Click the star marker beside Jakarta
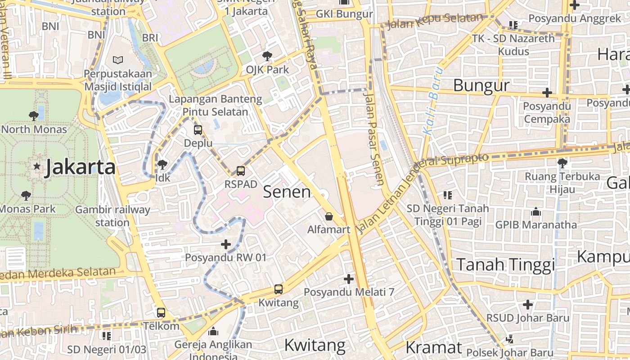[x=37, y=166]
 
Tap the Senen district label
[x=287, y=192]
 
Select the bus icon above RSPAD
[x=241, y=171]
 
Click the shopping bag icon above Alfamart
[x=329, y=216]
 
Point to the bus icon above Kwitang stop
[x=279, y=289]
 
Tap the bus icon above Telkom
[x=161, y=312]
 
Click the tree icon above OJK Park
[x=267, y=56]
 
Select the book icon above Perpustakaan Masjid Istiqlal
[x=118, y=60]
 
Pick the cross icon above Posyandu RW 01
[x=226, y=244]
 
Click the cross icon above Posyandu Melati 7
[x=349, y=279]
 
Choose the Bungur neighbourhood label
[x=481, y=85]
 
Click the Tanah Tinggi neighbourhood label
[x=506, y=265]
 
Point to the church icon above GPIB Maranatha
[x=536, y=211]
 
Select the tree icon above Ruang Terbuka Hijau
[x=562, y=163]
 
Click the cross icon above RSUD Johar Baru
[x=528, y=305]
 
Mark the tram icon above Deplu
[x=198, y=130]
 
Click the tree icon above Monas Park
[x=26, y=196]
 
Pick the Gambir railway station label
[x=112, y=216]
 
